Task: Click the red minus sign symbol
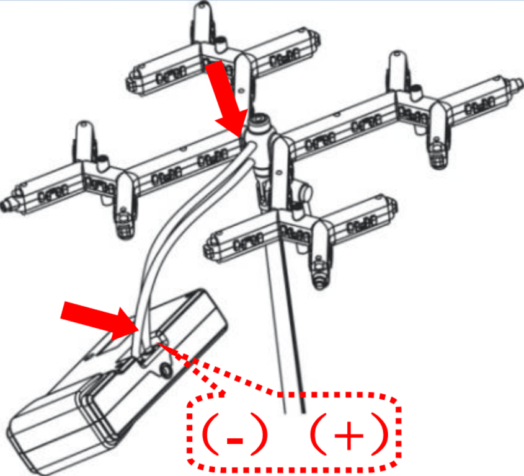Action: pos(234,440)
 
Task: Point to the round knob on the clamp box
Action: pos(165,369)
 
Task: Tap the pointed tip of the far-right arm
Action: pos(520,82)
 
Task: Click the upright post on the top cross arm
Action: pos(203,20)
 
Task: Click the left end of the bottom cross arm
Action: pos(209,247)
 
